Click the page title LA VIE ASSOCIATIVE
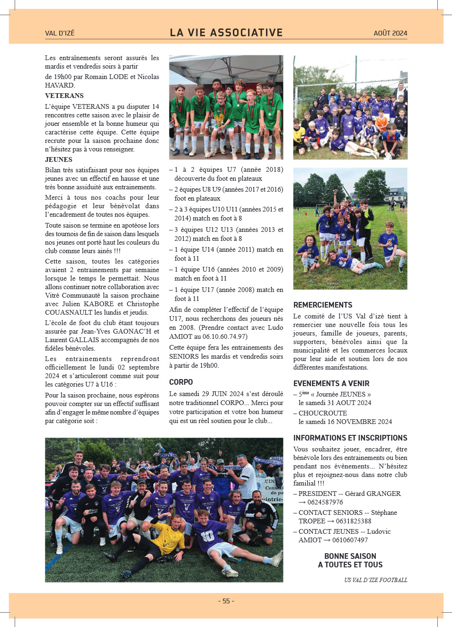click(x=226, y=33)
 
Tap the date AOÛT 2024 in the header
click(x=390, y=33)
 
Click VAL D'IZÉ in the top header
click(x=60, y=33)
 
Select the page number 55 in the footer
click(x=226, y=601)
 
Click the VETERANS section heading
click(x=64, y=96)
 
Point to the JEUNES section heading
click(x=59, y=159)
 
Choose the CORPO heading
click(x=181, y=382)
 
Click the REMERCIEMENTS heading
click(x=323, y=305)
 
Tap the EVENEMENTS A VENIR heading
click(x=331, y=383)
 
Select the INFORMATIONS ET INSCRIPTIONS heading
click(x=350, y=438)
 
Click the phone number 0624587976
click(x=325, y=502)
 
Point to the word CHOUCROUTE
click(x=323, y=413)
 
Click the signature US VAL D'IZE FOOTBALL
click(x=376, y=580)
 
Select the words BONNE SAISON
click(x=350, y=556)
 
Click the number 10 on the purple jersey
click(x=207, y=536)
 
